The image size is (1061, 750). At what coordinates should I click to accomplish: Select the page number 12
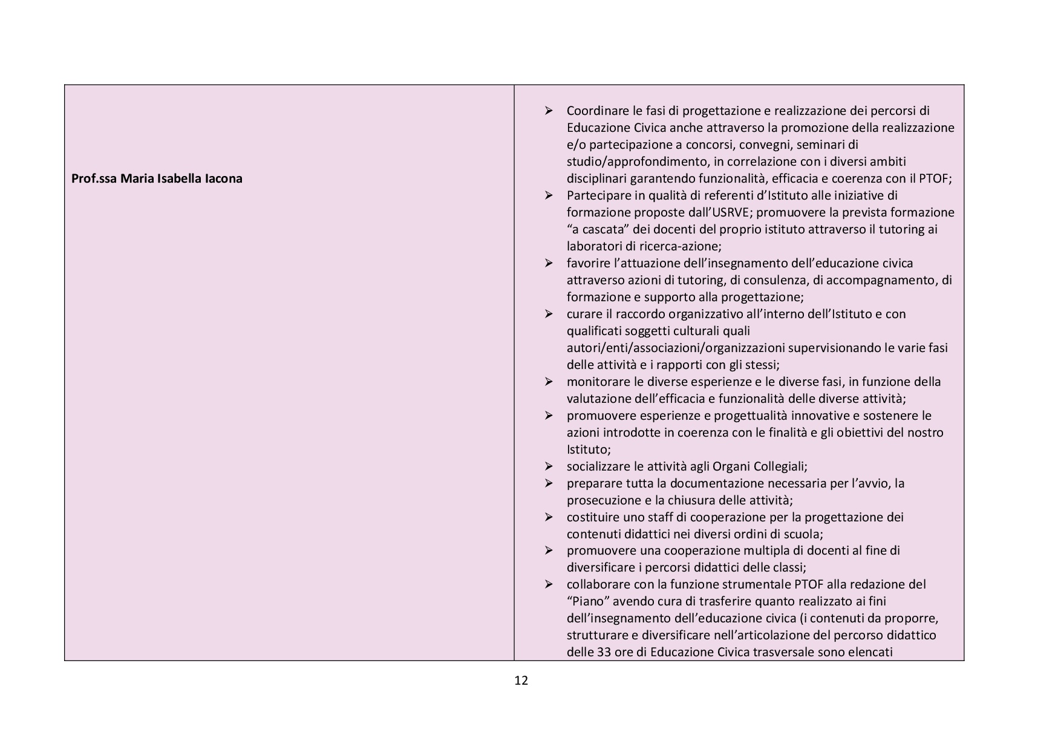[521, 680]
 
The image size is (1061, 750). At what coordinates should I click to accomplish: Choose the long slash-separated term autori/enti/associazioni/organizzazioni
[676, 348]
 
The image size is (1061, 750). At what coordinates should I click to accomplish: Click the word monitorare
[597, 382]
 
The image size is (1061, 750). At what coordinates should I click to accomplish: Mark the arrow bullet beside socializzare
[549, 466]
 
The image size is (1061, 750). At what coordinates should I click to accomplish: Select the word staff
[642, 517]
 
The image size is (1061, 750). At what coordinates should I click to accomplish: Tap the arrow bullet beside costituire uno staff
[549, 517]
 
